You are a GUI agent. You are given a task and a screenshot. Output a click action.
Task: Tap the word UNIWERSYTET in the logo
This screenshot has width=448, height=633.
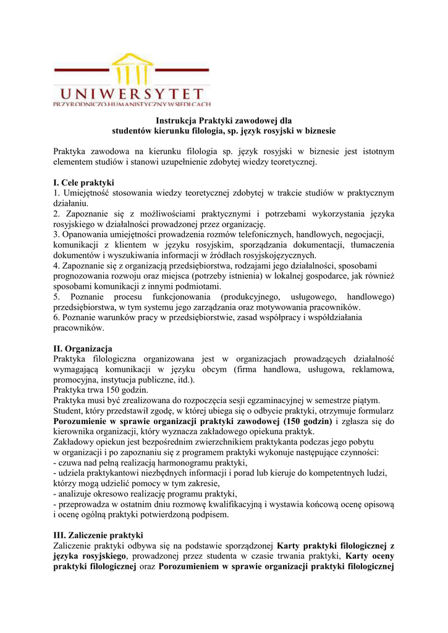click(128, 95)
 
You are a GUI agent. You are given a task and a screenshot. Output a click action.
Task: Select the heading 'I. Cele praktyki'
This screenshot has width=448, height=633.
click(84, 183)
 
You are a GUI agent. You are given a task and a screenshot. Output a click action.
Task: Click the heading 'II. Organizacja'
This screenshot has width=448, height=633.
click(83, 349)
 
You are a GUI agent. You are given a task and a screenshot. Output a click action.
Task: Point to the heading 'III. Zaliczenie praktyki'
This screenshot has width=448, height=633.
click(98, 534)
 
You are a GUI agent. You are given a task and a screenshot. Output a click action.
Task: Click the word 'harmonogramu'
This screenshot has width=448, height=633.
click(179, 462)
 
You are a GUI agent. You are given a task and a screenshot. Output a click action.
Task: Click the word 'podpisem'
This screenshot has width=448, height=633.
click(211, 514)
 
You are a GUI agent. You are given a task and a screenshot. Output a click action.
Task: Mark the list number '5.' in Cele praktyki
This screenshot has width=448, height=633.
click(57, 297)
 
